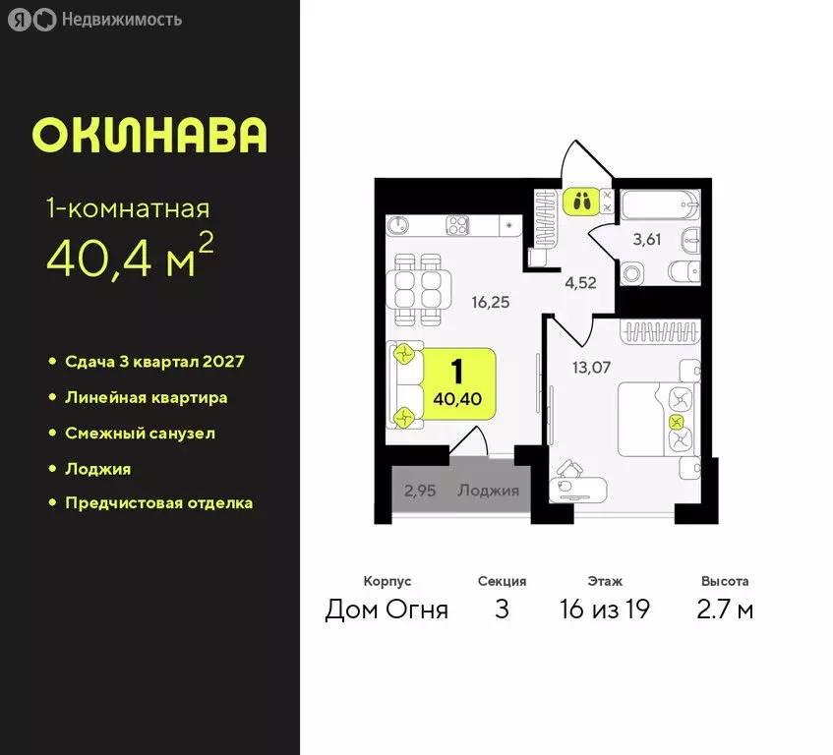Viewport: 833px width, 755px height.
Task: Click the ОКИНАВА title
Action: [x=149, y=136]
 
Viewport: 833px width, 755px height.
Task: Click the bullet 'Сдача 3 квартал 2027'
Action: [x=154, y=361]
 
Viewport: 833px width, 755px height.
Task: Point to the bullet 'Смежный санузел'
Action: [x=140, y=433]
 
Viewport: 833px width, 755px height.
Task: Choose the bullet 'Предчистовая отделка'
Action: [x=158, y=502]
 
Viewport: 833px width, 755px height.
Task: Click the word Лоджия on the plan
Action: [x=488, y=490]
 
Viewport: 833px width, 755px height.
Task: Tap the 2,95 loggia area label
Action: [x=420, y=490]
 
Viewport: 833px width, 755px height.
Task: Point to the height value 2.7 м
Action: [x=725, y=610]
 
